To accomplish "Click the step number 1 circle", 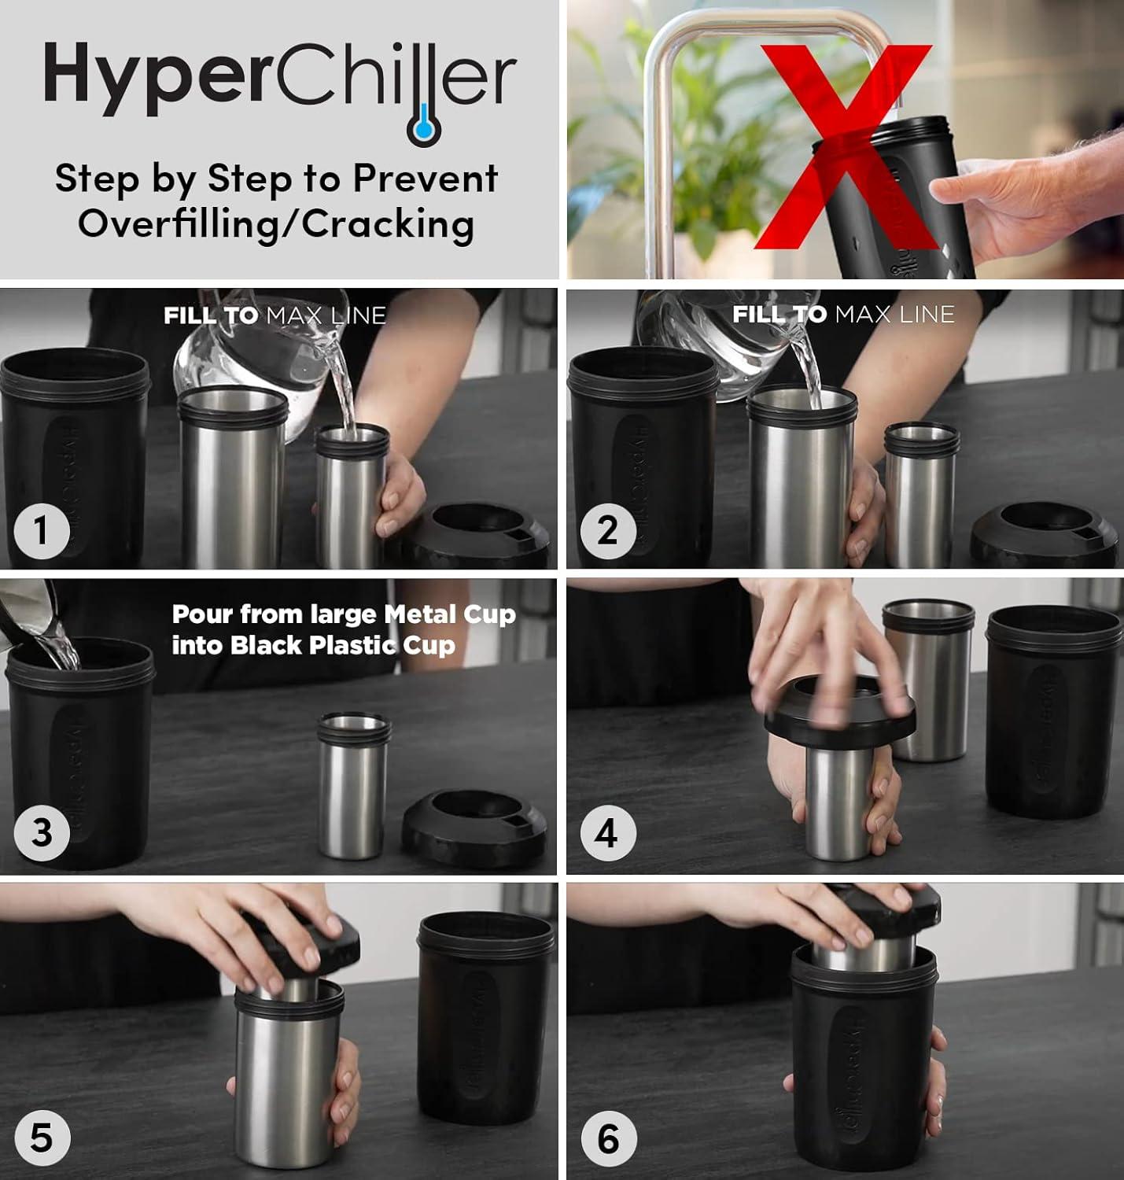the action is [42, 531].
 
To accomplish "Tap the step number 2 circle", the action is [608, 531].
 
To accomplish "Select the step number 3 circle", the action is [42, 833].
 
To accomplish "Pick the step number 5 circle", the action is [42, 1138].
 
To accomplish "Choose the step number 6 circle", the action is [608, 1138].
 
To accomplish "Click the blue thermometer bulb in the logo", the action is [424, 129].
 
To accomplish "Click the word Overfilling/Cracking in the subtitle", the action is [276, 224].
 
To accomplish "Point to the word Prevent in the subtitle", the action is [425, 179].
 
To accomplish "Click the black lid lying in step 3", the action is [474, 828].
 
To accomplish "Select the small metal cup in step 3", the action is [353, 785].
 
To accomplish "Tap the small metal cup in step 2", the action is [920, 494].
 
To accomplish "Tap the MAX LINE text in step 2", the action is [894, 315].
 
